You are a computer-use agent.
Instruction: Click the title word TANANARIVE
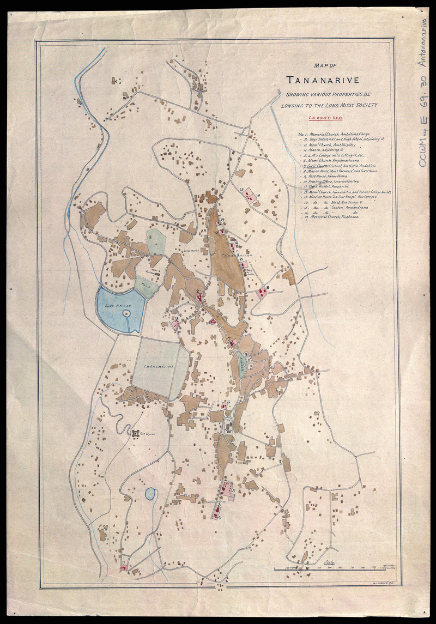[324, 81]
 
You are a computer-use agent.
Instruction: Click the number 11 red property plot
[176, 324]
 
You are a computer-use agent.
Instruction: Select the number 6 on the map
[229, 403]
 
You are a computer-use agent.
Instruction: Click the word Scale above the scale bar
[329, 562]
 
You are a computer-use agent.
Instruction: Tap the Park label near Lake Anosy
[144, 284]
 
